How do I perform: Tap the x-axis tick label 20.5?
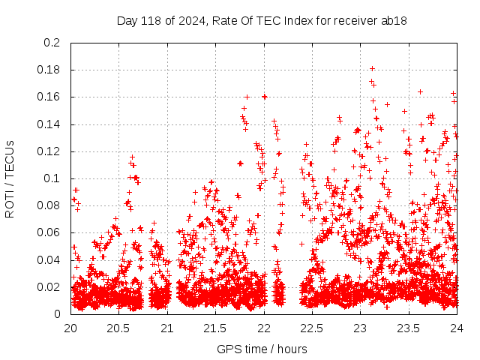point(118,328)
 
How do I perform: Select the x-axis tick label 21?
point(167,328)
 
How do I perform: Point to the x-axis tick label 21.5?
point(215,328)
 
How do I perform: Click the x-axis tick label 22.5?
point(312,328)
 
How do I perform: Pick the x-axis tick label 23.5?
point(409,328)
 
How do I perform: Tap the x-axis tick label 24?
point(457,328)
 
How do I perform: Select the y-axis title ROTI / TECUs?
point(10,178)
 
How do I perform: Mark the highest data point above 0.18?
point(372,68)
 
